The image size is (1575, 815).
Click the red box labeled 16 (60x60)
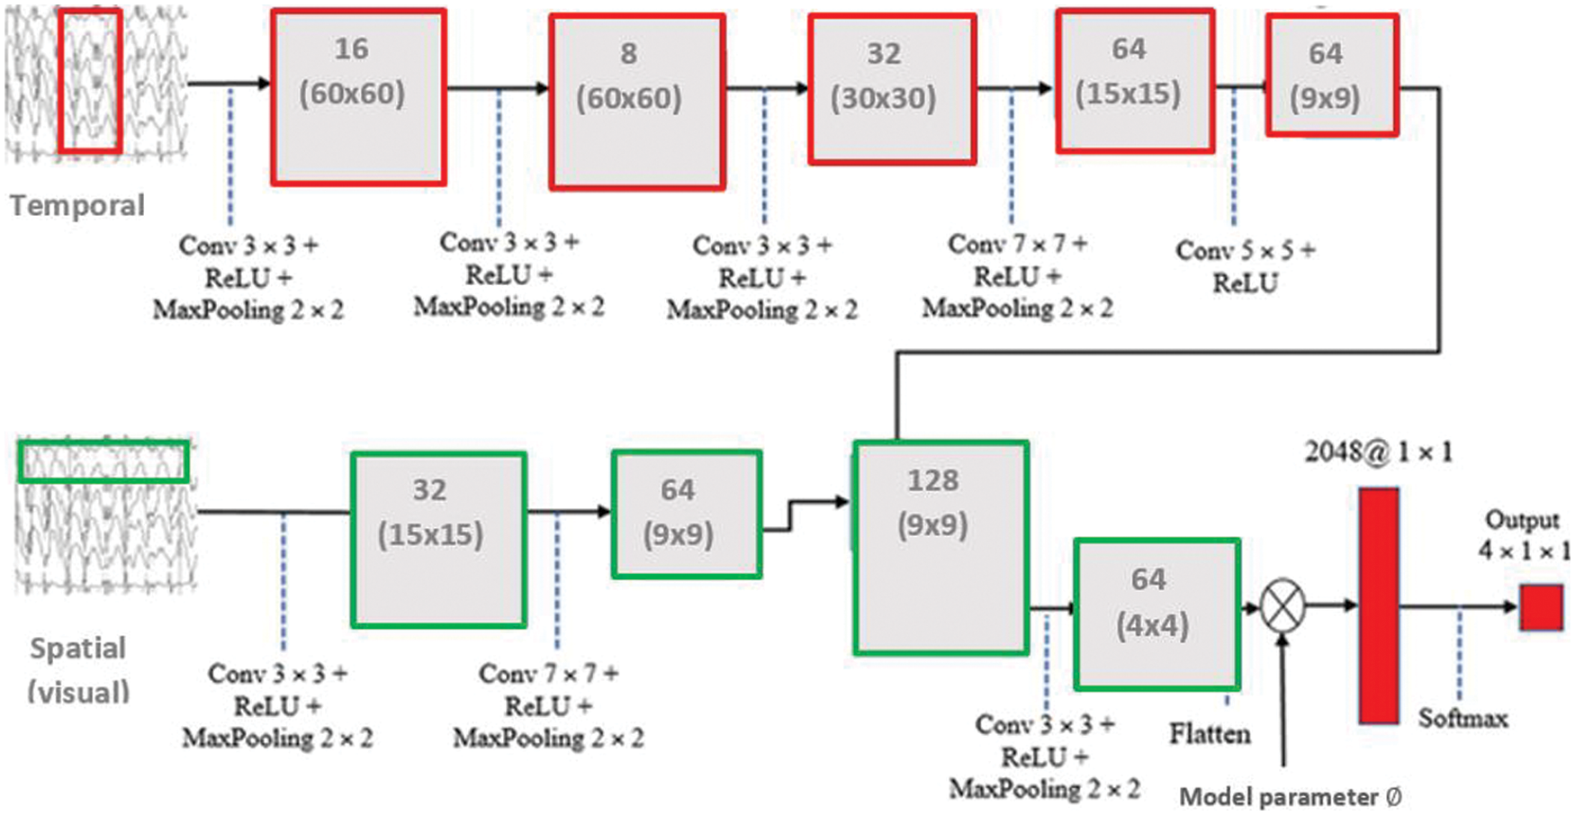point(358,97)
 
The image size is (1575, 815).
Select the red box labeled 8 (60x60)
point(637,102)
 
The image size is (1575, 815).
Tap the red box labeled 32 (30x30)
point(891,89)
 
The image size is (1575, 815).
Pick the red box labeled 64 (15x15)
point(1134,81)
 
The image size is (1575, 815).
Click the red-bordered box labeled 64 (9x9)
point(1331,76)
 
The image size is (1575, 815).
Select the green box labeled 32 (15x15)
point(438,539)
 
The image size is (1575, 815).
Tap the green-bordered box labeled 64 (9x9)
point(686,514)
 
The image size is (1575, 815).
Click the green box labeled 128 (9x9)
point(940,547)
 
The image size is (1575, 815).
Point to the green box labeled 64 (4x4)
point(1156,614)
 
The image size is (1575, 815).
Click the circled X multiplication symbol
point(1282,606)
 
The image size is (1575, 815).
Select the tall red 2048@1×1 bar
point(1378,605)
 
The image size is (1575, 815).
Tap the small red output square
point(1541,607)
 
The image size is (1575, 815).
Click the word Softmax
point(1462,718)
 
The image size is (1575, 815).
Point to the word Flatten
point(1210,734)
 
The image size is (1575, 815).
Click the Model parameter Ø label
point(1290,797)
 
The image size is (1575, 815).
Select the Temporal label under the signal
point(77,205)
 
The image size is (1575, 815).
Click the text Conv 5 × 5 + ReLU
point(1245,266)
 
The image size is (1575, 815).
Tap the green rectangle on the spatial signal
point(103,461)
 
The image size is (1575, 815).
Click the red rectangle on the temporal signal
point(90,81)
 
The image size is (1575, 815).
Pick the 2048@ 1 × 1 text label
point(1378,452)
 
